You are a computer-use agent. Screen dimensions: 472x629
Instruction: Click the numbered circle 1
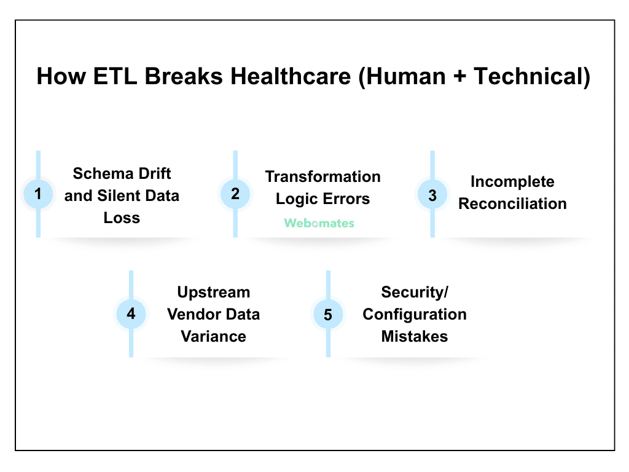tap(38, 194)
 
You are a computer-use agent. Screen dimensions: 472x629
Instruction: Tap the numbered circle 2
tap(235, 194)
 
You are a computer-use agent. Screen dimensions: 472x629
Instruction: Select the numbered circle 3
tap(432, 195)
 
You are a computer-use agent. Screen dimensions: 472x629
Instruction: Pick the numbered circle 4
tap(131, 314)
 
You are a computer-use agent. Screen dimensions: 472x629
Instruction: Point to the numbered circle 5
tap(328, 315)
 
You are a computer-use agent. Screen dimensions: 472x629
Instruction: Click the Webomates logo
tap(319, 223)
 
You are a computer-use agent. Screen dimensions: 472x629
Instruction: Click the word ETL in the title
tap(113, 77)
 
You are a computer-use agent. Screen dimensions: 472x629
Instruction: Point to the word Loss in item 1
tap(122, 218)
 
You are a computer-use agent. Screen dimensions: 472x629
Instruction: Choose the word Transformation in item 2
tap(322, 177)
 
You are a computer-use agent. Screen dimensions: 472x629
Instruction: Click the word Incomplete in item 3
tap(512, 182)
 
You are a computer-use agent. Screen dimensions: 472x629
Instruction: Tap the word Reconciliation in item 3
tap(512, 204)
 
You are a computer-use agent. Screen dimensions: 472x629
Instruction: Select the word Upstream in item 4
tap(213, 292)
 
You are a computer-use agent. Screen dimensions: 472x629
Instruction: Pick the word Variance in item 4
tap(213, 336)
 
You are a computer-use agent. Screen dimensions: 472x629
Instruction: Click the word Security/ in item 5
tap(414, 292)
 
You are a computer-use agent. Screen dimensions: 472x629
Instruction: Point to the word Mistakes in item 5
tap(414, 336)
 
